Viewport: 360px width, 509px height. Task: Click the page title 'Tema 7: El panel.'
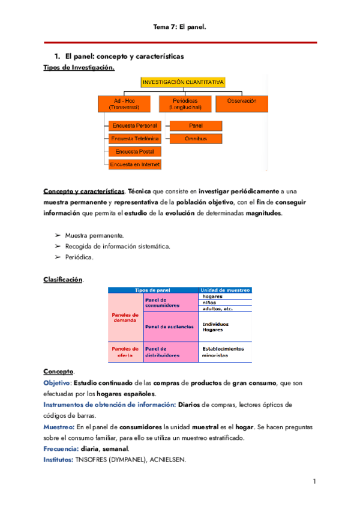[180, 26]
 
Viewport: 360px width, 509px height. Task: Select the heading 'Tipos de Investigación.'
[79, 68]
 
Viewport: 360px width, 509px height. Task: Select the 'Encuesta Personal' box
[134, 125]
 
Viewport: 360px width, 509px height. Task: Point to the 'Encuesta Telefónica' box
[134, 138]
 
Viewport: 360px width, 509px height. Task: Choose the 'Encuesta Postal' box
[134, 151]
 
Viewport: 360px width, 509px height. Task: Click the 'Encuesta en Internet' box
[134, 164]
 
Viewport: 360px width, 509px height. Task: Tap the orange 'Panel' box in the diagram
[196, 125]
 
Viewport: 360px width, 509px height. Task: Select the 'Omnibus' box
[196, 138]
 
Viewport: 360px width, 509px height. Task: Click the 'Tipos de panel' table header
[154, 290]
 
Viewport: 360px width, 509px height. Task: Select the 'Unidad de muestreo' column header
[225, 290]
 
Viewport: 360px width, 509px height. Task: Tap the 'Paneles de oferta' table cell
[125, 352]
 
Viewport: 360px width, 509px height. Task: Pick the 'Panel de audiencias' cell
[169, 327]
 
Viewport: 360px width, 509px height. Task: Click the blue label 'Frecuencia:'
[62, 448]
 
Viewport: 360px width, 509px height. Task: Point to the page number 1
[314, 481]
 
